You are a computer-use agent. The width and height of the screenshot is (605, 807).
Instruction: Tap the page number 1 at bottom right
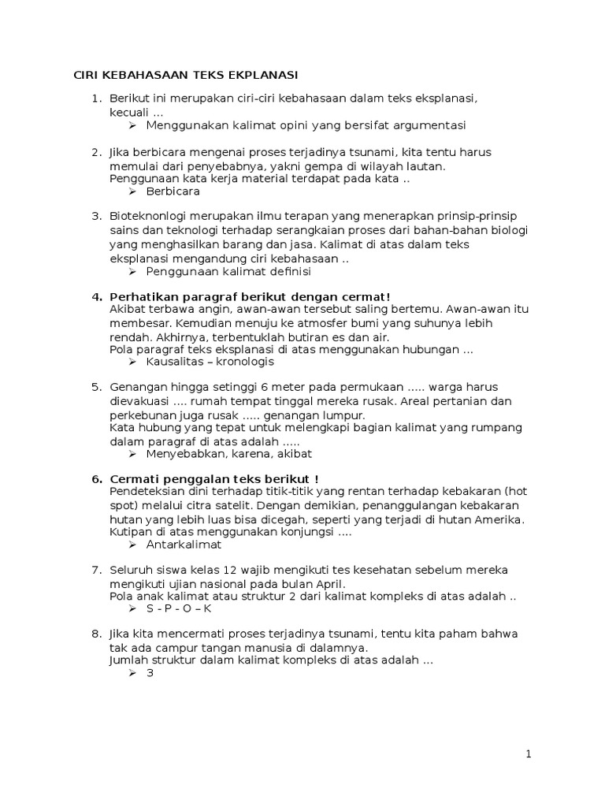529,754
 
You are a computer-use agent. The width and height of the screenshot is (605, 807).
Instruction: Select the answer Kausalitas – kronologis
210,362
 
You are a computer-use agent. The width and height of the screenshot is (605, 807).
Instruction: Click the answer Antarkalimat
184,544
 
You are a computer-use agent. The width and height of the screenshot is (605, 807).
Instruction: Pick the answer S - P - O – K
180,608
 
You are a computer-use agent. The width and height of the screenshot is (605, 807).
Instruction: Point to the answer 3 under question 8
150,673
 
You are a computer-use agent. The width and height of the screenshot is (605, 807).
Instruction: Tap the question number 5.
96,387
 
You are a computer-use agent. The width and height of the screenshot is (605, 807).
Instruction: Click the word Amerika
501,519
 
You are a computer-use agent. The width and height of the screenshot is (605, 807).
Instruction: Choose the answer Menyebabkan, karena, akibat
229,453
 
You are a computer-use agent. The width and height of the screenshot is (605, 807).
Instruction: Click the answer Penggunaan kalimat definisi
228,271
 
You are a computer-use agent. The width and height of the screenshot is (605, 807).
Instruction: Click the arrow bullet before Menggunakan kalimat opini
133,125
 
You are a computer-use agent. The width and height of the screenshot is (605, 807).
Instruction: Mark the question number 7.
96,570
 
